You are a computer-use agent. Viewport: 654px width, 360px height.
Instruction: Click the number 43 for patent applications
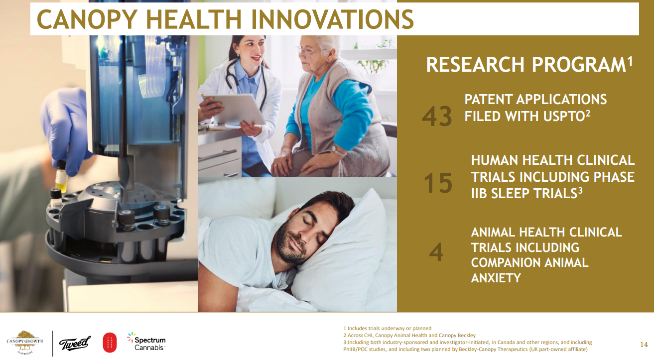coord(437,116)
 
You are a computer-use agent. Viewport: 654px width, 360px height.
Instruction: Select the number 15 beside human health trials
coord(438,183)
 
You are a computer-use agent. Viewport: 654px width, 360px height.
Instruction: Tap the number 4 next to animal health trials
coord(436,252)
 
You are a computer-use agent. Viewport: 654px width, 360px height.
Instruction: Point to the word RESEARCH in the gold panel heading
coord(475,65)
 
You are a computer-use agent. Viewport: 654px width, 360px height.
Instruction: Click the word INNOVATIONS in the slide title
coord(332,19)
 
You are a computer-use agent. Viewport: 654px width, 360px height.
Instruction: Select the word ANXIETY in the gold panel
coord(496,278)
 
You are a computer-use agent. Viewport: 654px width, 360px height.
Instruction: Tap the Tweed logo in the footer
coord(74,344)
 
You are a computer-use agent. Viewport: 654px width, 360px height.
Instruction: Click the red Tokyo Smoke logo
coord(110,343)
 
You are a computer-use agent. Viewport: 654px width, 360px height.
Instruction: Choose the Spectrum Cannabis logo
coord(146,341)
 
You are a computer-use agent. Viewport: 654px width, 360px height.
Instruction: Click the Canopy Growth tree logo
coord(24,343)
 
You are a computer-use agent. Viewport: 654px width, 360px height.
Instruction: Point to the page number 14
coord(644,345)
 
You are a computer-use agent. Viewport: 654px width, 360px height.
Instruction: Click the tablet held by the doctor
coord(234,110)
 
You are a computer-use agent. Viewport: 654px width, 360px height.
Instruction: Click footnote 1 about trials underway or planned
coord(387,329)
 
